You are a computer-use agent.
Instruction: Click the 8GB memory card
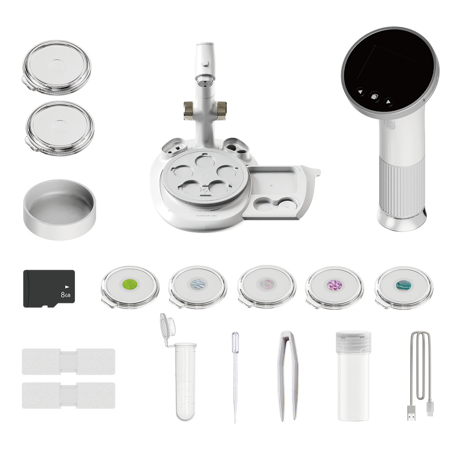49,289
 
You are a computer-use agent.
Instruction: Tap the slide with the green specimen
130,286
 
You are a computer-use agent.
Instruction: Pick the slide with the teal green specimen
403,286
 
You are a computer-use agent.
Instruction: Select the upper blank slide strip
68,361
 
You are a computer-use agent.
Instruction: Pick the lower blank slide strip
68,395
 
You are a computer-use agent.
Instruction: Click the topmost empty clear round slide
56,67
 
